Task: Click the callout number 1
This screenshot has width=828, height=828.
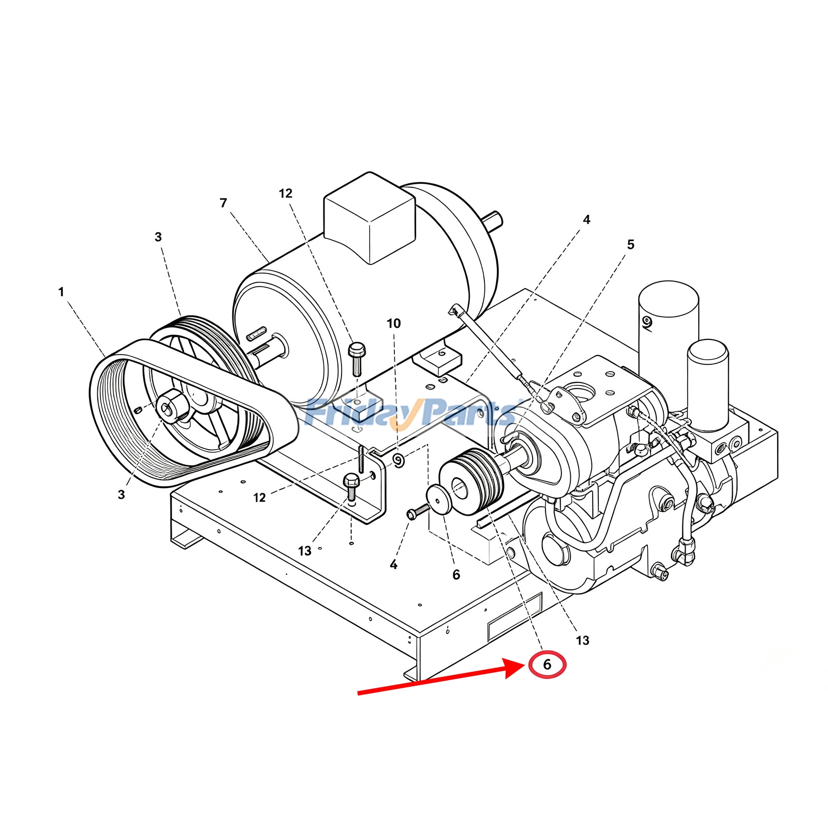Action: tap(61, 292)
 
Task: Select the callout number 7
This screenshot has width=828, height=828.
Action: tap(224, 203)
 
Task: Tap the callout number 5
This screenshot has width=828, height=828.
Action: tap(630, 244)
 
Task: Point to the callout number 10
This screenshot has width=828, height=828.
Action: tap(394, 323)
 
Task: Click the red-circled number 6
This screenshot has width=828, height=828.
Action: tap(548, 664)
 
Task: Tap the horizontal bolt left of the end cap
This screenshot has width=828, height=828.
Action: tap(418, 512)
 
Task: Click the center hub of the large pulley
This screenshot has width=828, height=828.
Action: tap(172, 406)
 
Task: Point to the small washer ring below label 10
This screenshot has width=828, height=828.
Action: tap(398, 460)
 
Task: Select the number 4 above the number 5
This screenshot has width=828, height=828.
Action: tap(586, 219)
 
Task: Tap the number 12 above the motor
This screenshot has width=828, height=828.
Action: tap(286, 194)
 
